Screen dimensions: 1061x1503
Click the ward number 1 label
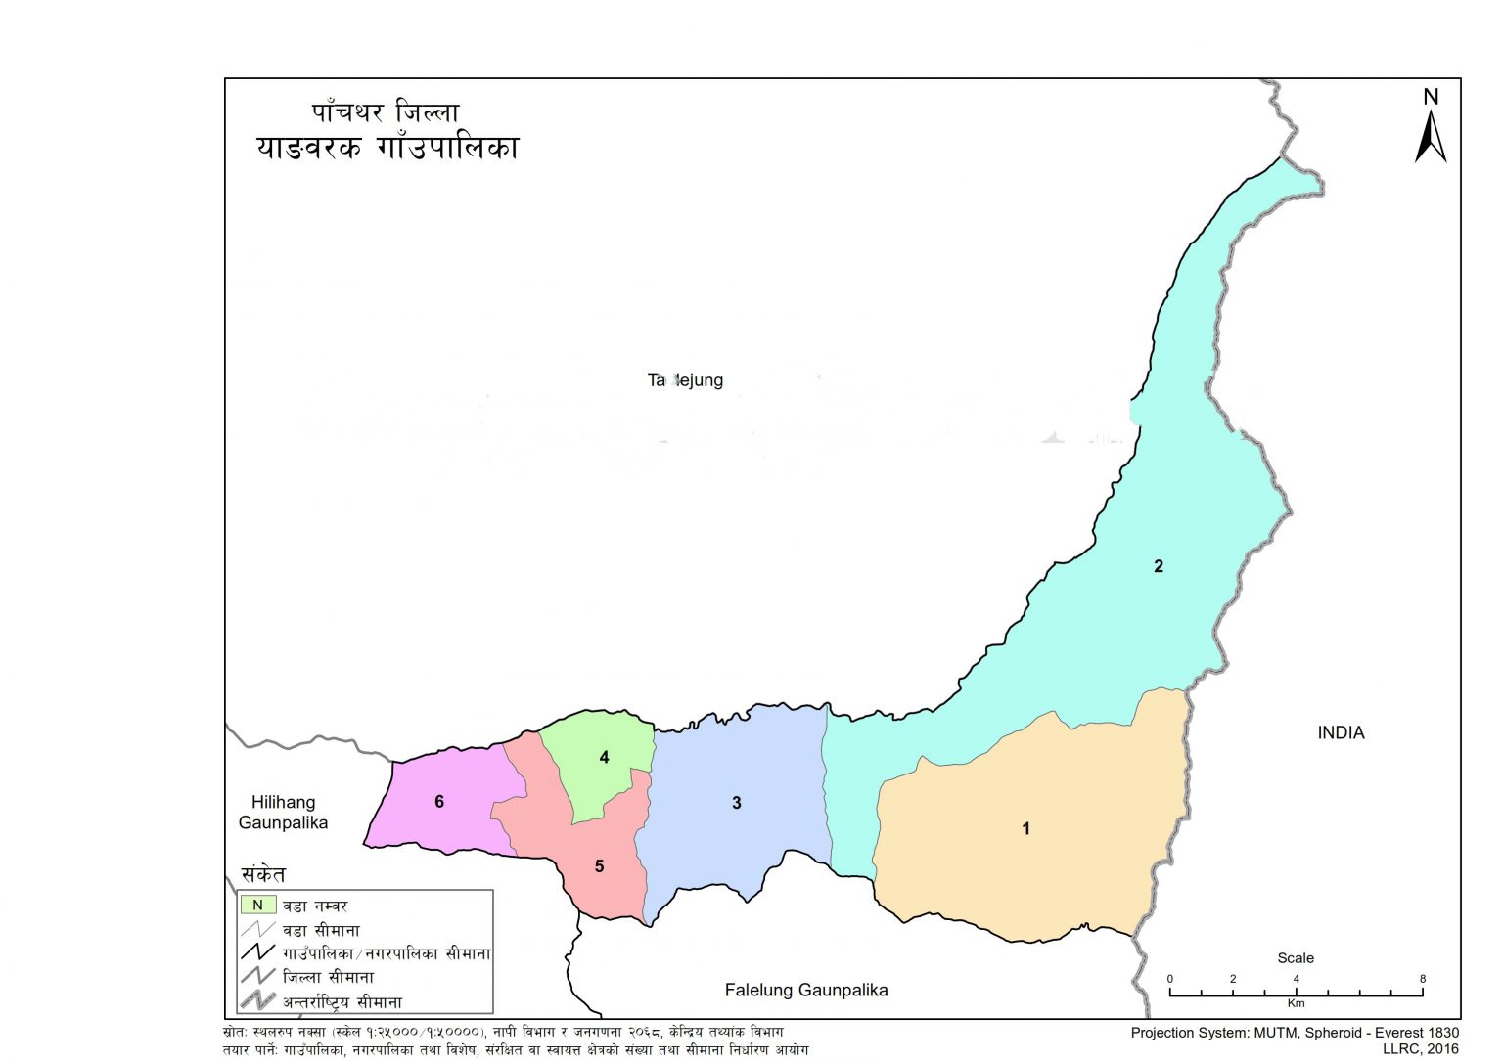(1025, 828)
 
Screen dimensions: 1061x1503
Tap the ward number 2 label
(1159, 566)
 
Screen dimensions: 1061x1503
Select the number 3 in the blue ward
(737, 803)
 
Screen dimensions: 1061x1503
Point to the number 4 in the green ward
(604, 757)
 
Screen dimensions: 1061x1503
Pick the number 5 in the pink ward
(599, 866)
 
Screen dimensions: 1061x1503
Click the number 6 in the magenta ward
(439, 802)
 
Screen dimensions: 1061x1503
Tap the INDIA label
(1340, 732)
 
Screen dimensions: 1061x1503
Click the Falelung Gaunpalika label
(806, 990)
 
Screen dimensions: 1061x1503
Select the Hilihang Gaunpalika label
(283, 813)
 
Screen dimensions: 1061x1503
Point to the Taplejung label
(685, 380)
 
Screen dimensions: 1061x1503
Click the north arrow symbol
(1430, 138)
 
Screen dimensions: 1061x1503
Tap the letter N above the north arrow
(1431, 97)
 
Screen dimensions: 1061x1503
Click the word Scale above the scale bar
(1295, 958)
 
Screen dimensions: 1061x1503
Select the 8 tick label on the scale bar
(1422, 979)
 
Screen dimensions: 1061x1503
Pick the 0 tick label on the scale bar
(1170, 979)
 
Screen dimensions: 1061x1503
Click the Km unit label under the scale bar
(1296, 1003)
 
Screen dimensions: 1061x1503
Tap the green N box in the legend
(258, 906)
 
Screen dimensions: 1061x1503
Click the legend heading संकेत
(263, 874)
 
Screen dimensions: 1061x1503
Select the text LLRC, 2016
(1420, 1048)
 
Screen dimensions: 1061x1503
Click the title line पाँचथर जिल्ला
(386, 112)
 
